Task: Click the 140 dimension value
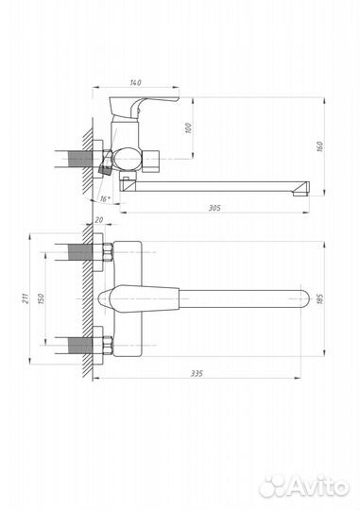[x=135, y=82]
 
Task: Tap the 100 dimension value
[x=188, y=127]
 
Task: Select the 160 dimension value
[x=320, y=146]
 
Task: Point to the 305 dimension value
[x=214, y=208]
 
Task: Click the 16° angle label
[x=105, y=198]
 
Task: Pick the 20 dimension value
[x=99, y=220]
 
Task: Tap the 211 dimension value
[x=26, y=298]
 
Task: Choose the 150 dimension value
[x=41, y=298]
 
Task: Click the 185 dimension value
[x=320, y=298]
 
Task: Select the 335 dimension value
[x=197, y=373]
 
